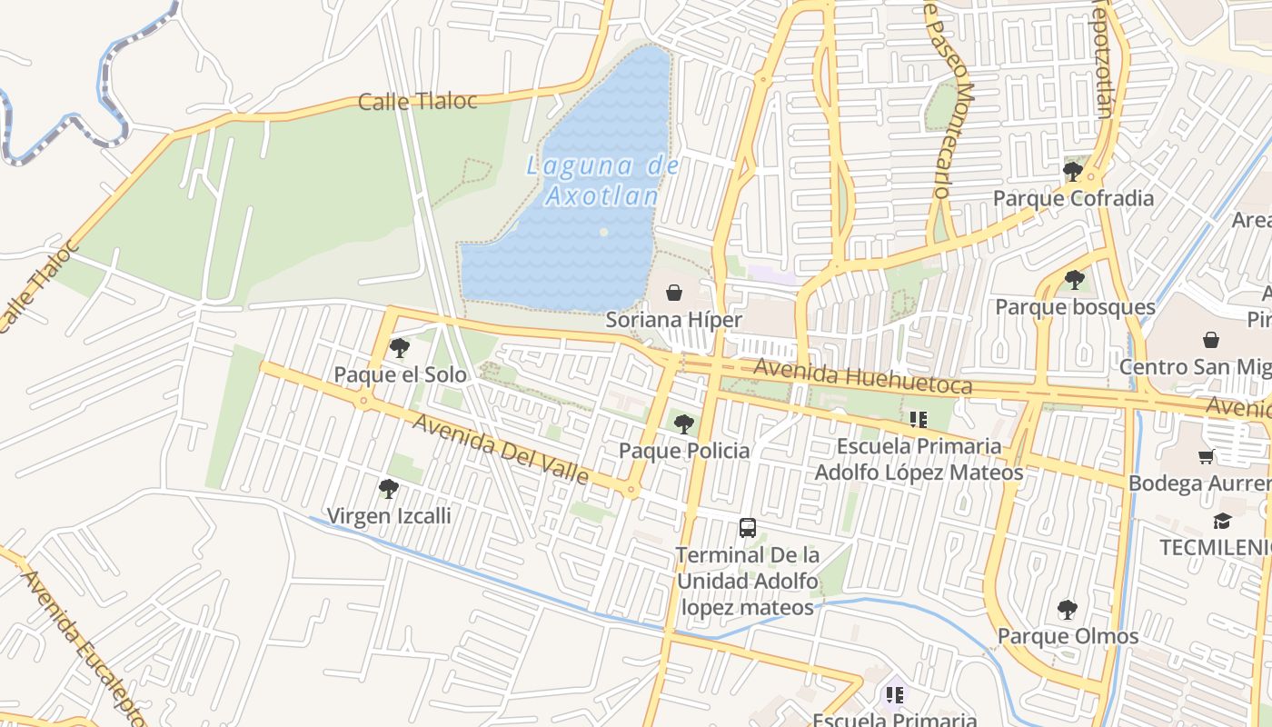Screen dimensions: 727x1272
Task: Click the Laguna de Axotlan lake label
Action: click(x=602, y=180)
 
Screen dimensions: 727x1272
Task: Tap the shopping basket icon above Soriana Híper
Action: click(x=674, y=293)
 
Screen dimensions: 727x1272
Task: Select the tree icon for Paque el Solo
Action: click(x=399, y=347)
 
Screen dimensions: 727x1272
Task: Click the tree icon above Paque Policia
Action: click(x=683, y=423)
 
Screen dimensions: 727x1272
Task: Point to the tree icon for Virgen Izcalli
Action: click(x=389, y=489)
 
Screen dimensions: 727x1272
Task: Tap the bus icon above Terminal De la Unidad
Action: click(x=747, y=527)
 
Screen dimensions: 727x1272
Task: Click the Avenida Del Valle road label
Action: click(x=500, y=448)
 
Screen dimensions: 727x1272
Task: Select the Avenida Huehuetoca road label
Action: click(x=862, y=377)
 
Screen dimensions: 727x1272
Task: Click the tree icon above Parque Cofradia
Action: click(x=1073, y=171)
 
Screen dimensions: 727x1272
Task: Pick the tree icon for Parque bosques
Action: click(x=1075, y=279)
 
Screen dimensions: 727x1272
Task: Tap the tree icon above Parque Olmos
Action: click(x=1068, y=609)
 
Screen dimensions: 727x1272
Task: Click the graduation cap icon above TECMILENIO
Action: click(x=1222, y=521)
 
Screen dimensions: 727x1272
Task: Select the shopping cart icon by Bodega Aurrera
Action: click(x=1207, y=456)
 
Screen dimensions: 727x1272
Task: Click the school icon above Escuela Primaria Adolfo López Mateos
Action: click(x=918, y=419)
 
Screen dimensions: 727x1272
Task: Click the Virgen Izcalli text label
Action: click(x=388, y=516)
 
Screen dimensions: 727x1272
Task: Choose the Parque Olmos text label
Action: click(x=1068, y=636)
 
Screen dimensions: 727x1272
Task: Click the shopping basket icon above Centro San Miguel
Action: click(x=1211, y=340)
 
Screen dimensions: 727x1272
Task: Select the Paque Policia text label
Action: click(x=684, y=451)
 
